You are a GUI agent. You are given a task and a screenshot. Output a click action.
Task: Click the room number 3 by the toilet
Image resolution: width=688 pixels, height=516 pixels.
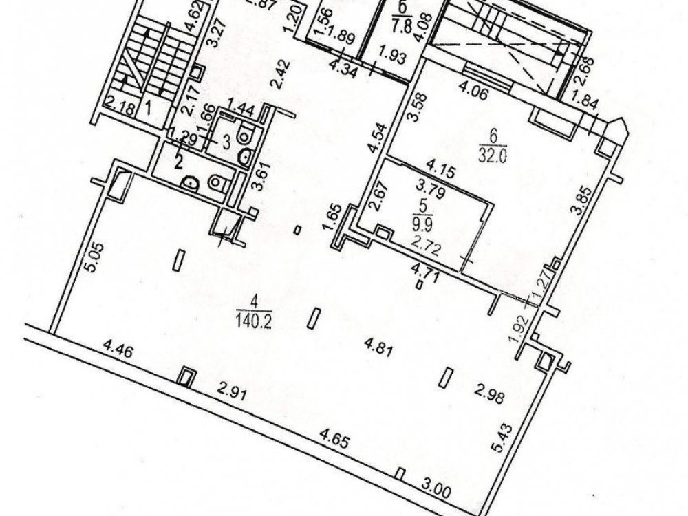[226, 142]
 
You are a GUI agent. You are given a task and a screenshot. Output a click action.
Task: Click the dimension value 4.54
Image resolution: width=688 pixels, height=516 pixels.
[378, 138]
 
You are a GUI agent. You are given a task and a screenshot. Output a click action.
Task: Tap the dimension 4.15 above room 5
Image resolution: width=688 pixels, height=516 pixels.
[440, 169]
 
